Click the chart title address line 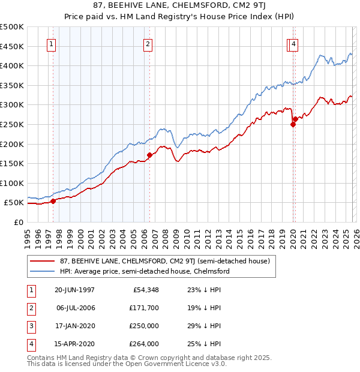coord(180,6)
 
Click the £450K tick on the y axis coord(12,46)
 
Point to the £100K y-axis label coord(12,183)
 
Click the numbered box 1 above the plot coord(51,44)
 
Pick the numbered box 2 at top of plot coord(148,44)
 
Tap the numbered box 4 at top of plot coord(293,44)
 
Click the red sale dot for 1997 coord(53,201)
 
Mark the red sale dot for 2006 coord(149,155)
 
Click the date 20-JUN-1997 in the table coord(74,290)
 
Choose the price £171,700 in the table coord(142,308)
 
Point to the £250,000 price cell coord(142,326)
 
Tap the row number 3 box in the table coord(31,326)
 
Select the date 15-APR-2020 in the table coord(74,344)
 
